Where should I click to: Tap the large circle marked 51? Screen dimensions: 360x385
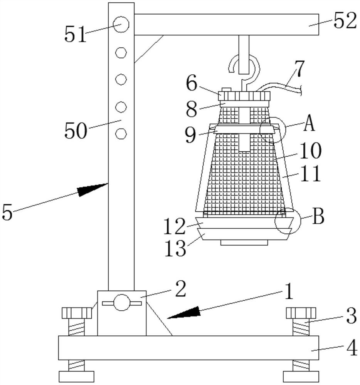[121, 24]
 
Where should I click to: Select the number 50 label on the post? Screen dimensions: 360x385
[76, 130]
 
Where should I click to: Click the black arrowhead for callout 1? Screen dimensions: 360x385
[183, 312]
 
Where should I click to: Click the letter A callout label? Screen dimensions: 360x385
[309, 123]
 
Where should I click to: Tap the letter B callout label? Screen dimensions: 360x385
[318, 216]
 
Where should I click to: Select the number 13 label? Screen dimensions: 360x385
[175, 248]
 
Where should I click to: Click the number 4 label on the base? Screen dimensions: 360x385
[352, 347]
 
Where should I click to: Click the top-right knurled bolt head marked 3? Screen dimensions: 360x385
[301, 313]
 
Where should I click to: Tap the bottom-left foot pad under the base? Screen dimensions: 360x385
[76, 377]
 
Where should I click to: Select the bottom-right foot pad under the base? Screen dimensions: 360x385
[301, 377]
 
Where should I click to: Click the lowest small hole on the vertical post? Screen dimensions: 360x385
[121, 134]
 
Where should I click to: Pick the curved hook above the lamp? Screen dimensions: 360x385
[244, 69]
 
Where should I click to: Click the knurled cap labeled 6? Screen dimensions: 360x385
[244, 96]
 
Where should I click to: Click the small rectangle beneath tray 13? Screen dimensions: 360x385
[244, 243]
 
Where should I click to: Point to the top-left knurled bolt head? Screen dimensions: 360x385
[77, 313]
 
